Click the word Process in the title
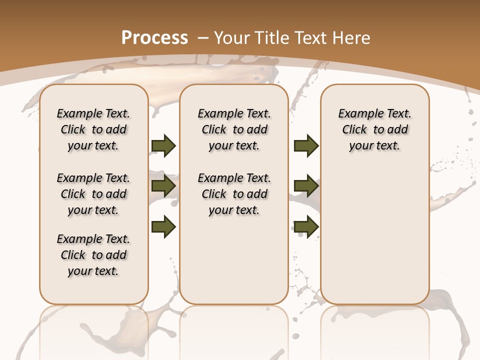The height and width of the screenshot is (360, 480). click(154, 37)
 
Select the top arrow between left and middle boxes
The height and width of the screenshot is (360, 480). click(163, 145)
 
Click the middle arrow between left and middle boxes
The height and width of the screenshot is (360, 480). click(163, 186)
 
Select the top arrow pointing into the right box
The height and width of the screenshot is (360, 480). click(306, 145)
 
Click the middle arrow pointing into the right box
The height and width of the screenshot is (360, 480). click(306, 186)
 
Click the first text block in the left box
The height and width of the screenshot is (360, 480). click(93, 129)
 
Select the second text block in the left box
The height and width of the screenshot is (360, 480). click(93, 194)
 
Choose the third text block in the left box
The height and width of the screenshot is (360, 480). click(93, 255)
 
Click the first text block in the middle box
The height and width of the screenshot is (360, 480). click(234, 129)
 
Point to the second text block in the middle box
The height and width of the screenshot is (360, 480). click(234, 194)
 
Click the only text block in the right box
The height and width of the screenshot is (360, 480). click(375, 129)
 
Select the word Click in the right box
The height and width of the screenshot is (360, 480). click(354, 130)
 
